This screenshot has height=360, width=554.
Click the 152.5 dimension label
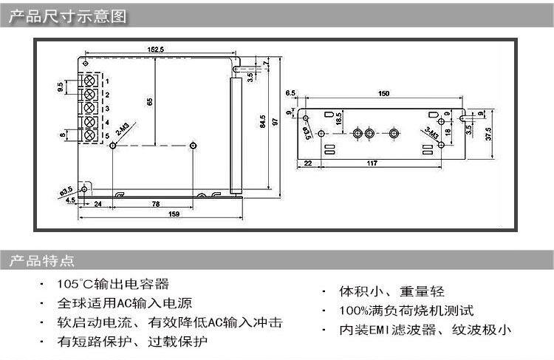(155, 49)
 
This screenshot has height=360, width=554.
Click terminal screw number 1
(91, 79)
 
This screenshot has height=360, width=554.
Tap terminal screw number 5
(91, 135)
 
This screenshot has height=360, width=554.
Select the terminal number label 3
(107, 108)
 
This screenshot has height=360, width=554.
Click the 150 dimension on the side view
(383, 94)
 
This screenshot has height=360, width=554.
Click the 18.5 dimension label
(338, 118)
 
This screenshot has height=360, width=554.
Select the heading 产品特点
(42, 260)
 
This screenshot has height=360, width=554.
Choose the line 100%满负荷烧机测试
(406, 311)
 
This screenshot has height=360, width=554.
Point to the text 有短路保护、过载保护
(132, 342)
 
